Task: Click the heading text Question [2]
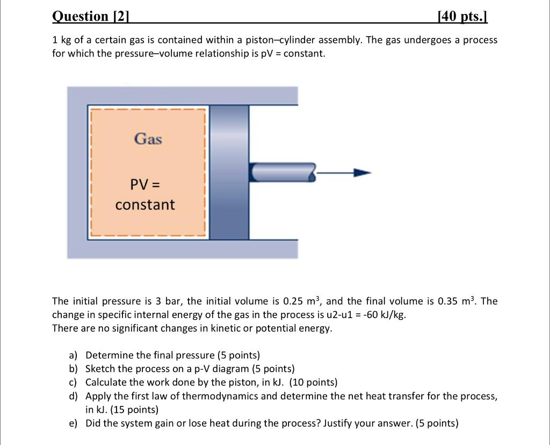click(x=91, y=16)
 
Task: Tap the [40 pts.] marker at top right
click(x=462, y=16)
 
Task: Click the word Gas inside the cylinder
click(x=148, y=139)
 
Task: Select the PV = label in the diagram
click(x=145, y=185)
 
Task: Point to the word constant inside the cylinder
click(x=145, y=205)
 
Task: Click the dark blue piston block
click(x=229, y=172)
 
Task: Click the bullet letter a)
click(x=73, y=355)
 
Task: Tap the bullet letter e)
click(x=73, y=423)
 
